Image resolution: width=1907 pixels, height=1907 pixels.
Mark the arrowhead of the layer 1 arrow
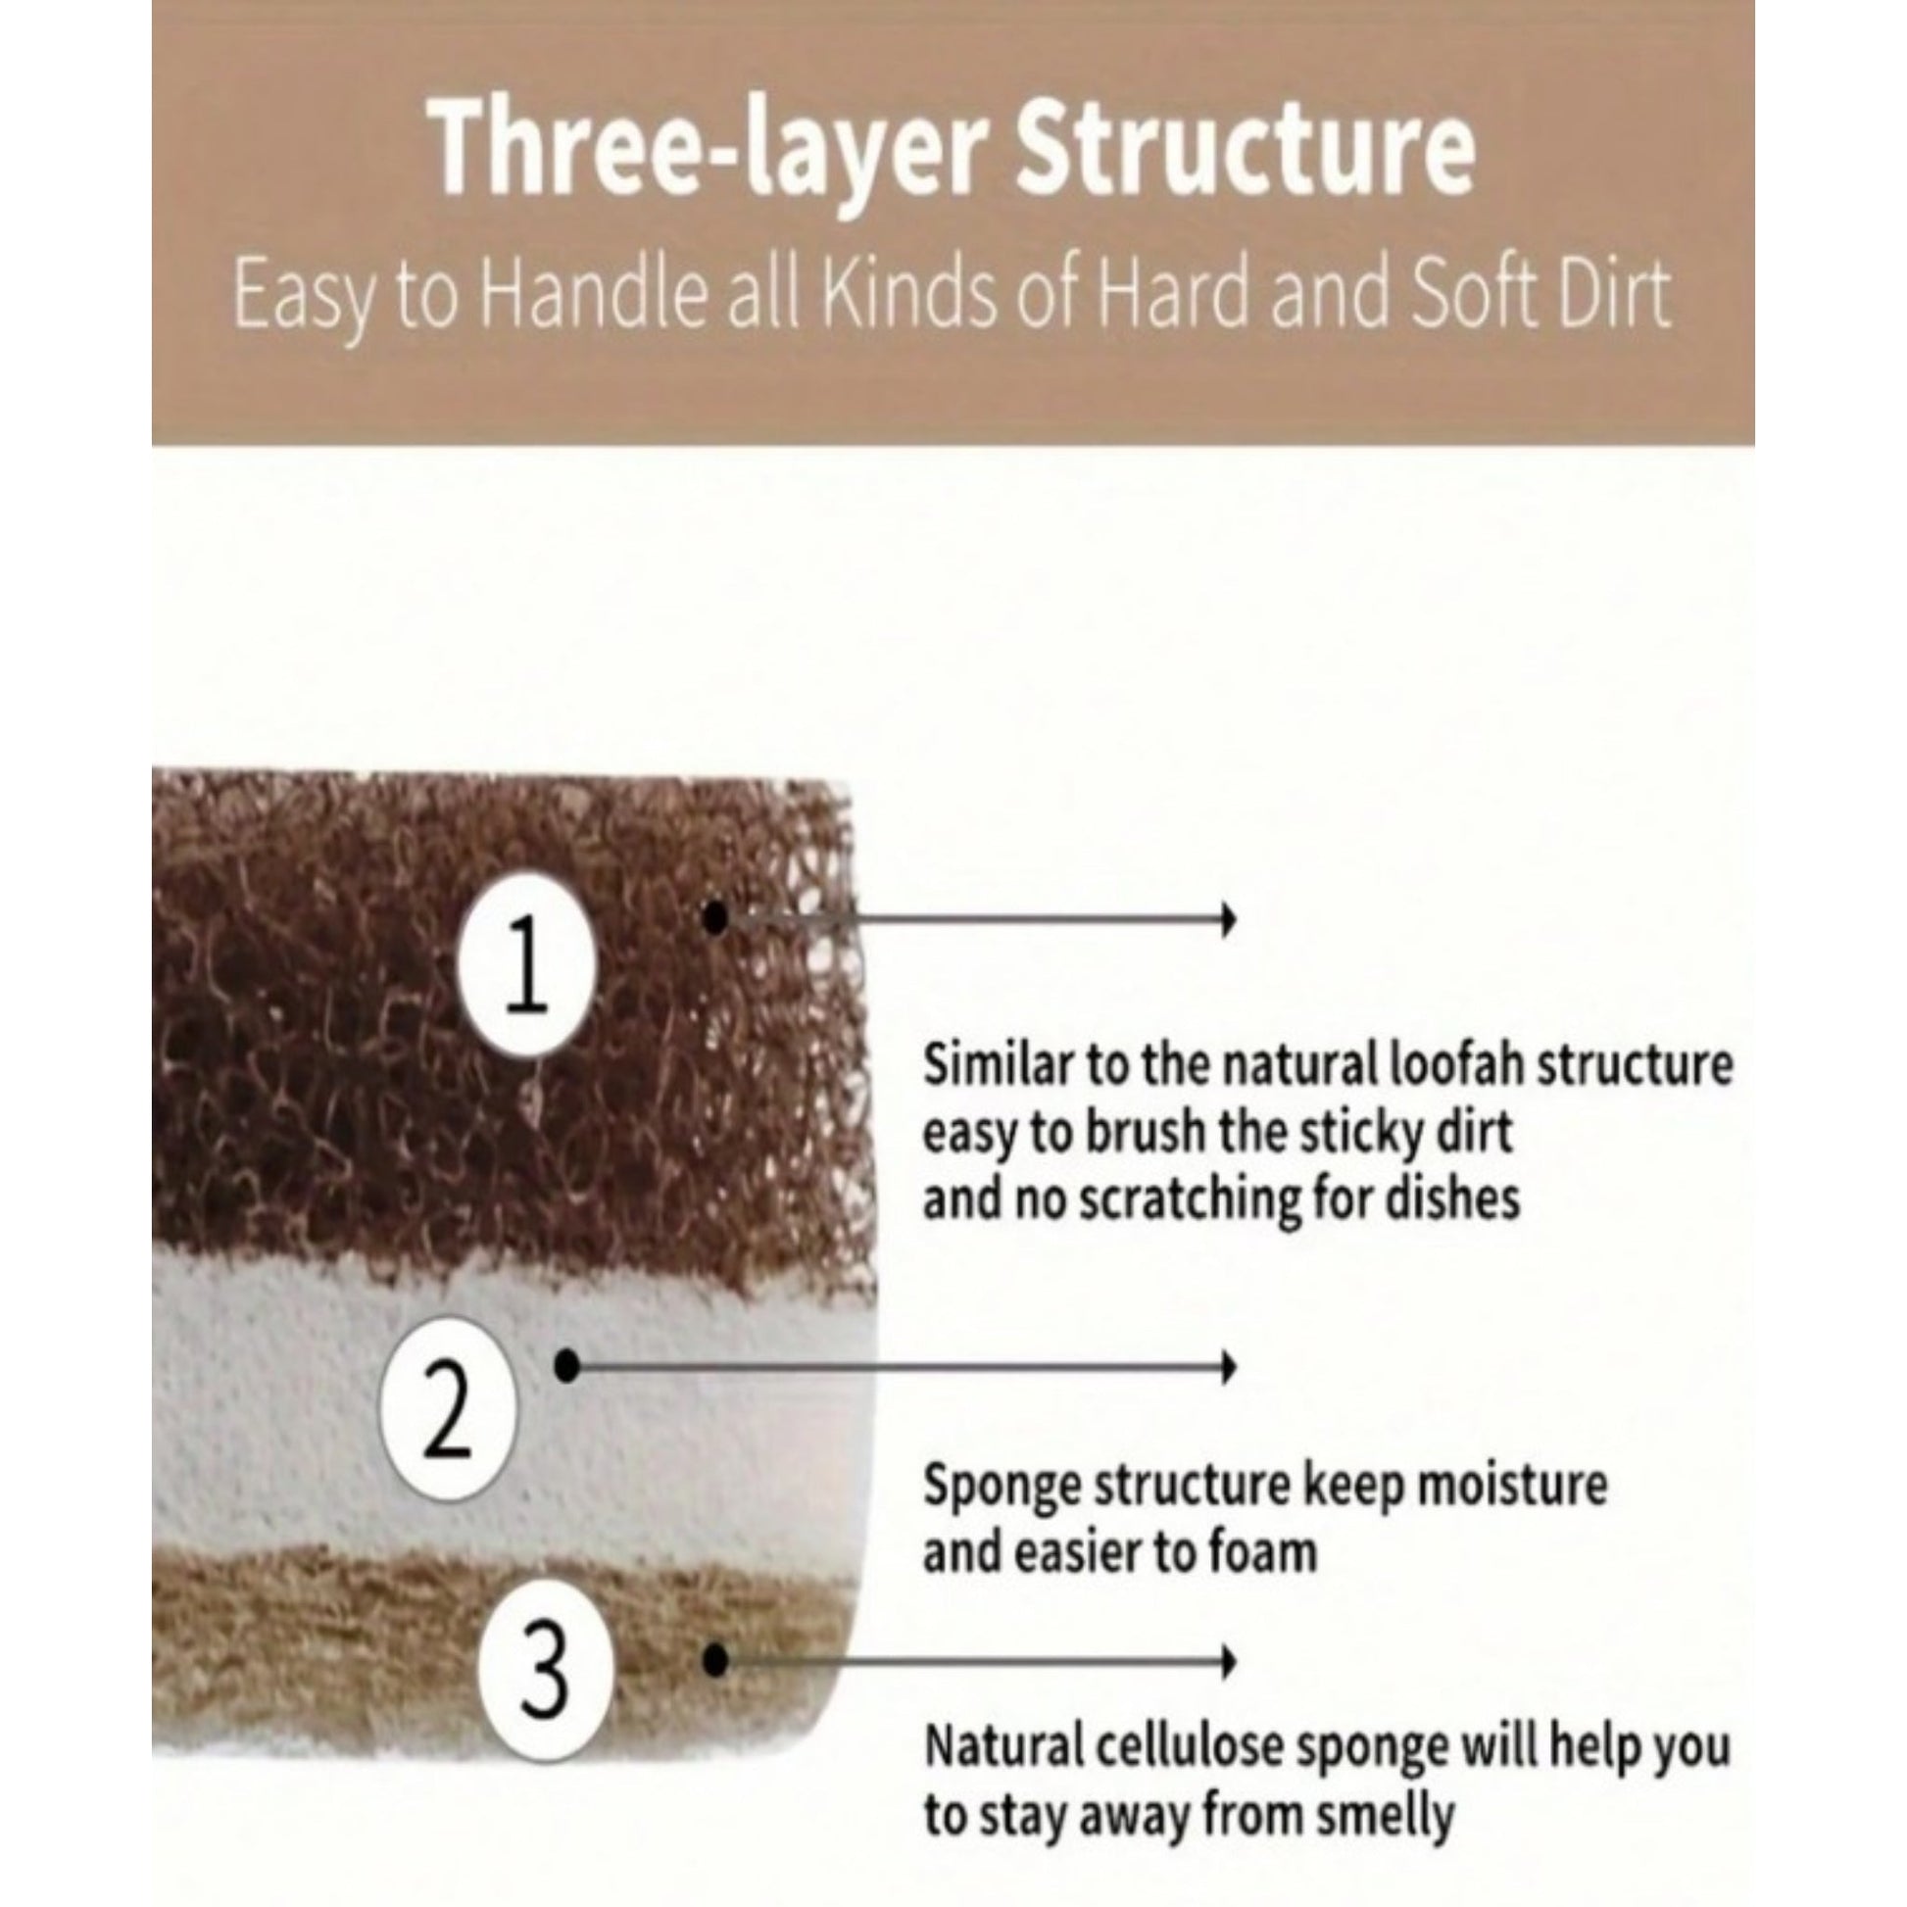[1229, 919]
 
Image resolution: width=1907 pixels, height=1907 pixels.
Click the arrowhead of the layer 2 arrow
[1229, 1367]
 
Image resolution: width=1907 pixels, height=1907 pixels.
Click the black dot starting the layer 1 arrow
[716, 918]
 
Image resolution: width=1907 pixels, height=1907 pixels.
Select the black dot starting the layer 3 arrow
[716, 1660]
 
